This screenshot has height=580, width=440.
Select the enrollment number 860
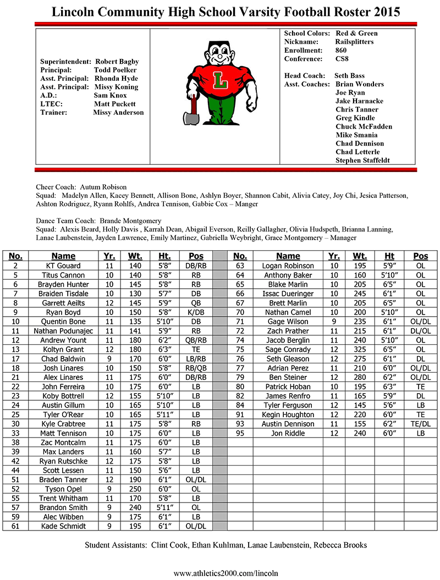click(x=341, y=50)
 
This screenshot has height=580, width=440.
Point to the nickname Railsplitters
click(x=354, y=42)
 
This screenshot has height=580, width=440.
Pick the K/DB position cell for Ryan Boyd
click(x=196, y=312)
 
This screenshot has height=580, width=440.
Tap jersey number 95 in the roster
click(x=240, y=434)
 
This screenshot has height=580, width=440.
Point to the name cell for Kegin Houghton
click(x=288, y=415)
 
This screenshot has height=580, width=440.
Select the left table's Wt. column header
click(x=135, y=256)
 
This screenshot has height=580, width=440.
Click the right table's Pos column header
click(x=421, y=256)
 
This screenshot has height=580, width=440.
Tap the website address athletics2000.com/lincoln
click(x=226, y=573)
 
